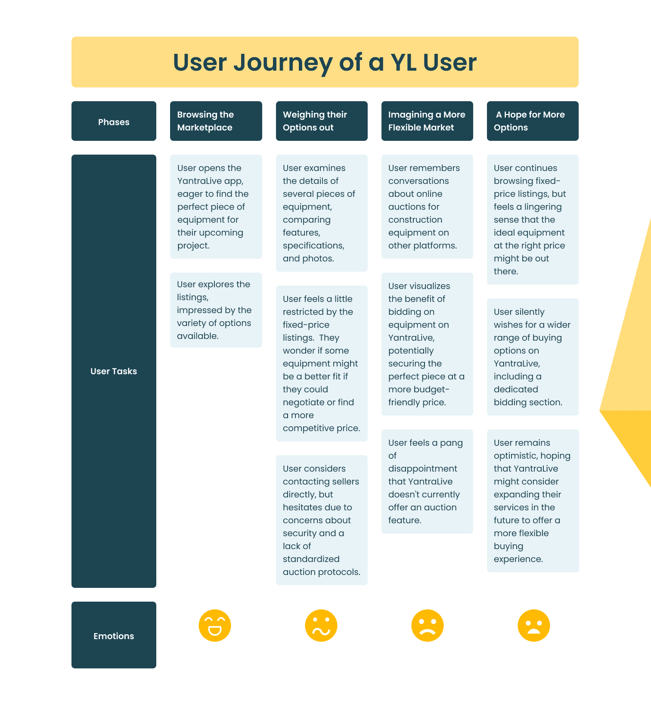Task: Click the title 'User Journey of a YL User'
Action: [325, 62]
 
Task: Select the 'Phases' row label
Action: [114, 121]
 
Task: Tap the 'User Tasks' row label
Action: [114, 371]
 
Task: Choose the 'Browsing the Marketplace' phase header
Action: [216, 121]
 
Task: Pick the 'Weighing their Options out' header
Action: [322, 121]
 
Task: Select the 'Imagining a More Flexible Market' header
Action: [427, 121]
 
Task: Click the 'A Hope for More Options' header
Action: [533, 121]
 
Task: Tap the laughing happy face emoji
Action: [215, 625]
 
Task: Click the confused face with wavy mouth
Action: [321, 625]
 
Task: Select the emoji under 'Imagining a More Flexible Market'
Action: [427, 625]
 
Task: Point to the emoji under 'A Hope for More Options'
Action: [533, 625]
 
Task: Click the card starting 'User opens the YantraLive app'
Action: [216, 207]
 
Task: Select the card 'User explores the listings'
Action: [216, 310]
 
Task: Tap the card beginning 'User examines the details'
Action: [322, 213]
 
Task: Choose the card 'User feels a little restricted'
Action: [322, 363]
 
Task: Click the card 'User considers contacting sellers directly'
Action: [322, 520]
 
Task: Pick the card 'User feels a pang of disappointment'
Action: [427, 481]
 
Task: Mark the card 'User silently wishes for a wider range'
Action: [533, 357]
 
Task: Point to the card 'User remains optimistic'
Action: [533, 500]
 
